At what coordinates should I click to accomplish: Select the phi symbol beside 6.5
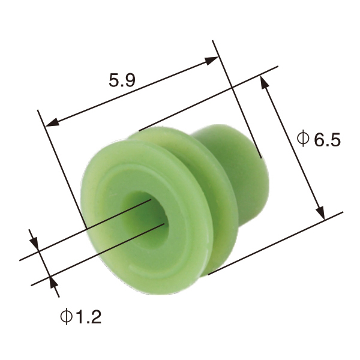[x=304, y=139]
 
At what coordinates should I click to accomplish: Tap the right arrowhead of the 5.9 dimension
[x=212, y=59]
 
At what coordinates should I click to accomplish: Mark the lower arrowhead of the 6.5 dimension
[x=320, y=214]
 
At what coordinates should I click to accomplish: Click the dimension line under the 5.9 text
[x=132, y=91]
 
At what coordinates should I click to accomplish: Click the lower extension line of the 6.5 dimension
[x=276, y=243]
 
